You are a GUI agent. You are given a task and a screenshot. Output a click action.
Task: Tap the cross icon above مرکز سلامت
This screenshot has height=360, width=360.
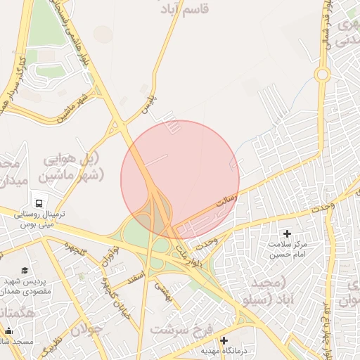[286, 233]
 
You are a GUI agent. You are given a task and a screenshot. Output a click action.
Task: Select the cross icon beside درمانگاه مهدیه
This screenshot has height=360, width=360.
[224, 341]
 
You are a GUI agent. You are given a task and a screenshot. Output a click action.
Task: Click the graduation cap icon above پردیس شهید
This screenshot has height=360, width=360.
[25, 271]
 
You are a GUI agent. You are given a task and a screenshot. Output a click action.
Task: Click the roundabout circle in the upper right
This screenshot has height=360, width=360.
[322, 74]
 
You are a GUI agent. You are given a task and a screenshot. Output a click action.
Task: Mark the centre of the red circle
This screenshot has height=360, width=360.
[180, 179]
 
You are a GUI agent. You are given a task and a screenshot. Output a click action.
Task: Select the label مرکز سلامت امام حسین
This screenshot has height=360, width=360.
[287, 250]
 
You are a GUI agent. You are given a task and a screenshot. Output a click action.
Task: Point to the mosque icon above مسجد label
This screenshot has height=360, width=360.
[9, 331]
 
